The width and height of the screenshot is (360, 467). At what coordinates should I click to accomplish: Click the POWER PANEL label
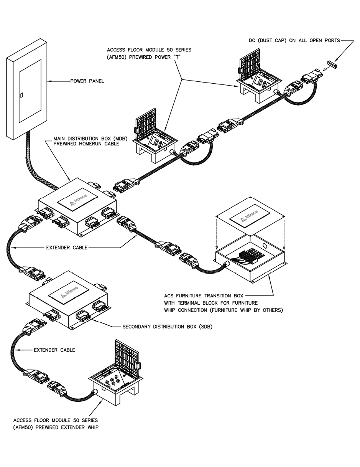(x=87, y=81)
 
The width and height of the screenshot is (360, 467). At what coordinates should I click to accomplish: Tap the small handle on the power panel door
(x=21, y=94)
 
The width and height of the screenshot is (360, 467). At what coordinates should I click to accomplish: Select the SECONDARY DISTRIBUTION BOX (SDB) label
(x=167, y=327)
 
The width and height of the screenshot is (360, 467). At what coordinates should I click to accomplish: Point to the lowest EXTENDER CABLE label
(x=54, y=350)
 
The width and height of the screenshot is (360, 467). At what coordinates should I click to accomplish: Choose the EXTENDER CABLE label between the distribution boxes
(x=67, y=248)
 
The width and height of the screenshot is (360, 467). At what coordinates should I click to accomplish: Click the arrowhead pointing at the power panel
(x=49, y=81)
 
